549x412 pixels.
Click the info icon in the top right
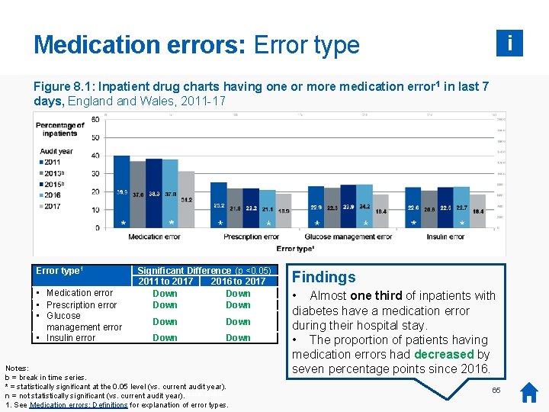pyautogui.click(x=509, y=43)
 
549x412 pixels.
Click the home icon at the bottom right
pyautogui.click(x=529, y=393)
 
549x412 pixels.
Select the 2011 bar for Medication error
pyautogui.click(x=121, y=191)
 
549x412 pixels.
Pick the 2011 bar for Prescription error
pyautogui.click(x=219, y=204)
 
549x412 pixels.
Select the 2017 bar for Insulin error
pyautogui.click(x=478, y=217)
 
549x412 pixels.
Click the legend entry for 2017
pyautogui.click(x=52, y=206)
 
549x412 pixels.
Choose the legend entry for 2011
pyautogui.click(x=52, y=162)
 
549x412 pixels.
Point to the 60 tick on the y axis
pyautogui.click(x=95, y=119)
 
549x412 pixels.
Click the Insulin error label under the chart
pyautogui.click(x=446, y=237)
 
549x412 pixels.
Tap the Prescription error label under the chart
pyautogui.click(x=252, y=237)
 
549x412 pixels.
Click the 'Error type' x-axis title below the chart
pyautogui.click(x=295, y=249)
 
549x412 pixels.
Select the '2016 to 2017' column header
pyautogui.click(x=238, y=282)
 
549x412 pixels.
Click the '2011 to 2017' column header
pyautogui.click(x=165, y=282)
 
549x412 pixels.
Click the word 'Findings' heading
pyautogui.click(x=324, y=277)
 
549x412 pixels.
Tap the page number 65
pyautogui.click(x=496, y=391)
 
